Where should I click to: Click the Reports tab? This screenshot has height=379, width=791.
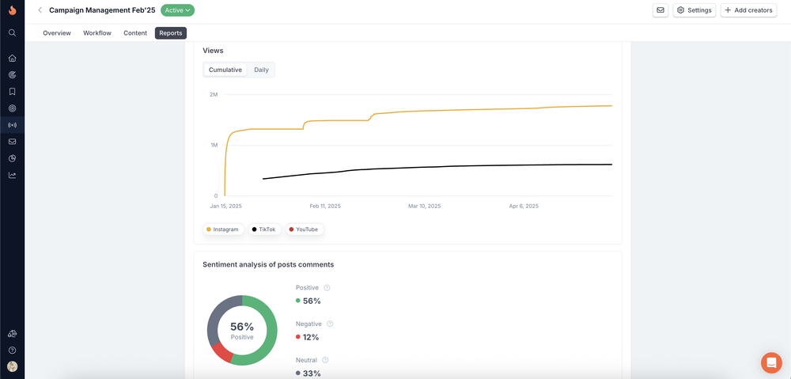point(171,33)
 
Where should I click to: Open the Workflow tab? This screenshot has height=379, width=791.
point(97,33)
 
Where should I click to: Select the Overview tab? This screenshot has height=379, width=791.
point(57,33)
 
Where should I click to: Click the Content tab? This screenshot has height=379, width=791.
point(135,33)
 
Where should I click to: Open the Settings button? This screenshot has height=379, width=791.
point(694,10)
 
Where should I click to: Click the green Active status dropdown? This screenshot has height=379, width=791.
point(177,10)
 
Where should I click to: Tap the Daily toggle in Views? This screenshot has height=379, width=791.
point(261,70)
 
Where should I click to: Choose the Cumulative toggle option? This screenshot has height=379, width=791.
point(225,70)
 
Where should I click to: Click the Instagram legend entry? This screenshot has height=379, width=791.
point(224,229)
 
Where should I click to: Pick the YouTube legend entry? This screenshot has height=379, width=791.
point(304,229)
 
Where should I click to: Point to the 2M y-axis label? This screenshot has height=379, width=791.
point(213,95)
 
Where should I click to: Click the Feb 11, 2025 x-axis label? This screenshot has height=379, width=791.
point(325,207)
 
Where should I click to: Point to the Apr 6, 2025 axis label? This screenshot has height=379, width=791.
point(524,207)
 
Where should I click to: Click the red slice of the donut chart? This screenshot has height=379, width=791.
point(221,351)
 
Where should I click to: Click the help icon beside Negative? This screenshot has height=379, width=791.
point(330,324)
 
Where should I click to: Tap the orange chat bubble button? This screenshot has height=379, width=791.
point(770,362)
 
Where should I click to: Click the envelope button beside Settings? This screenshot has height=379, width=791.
point(660,10)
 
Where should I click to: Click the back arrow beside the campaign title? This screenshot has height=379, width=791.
point(40,10)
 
